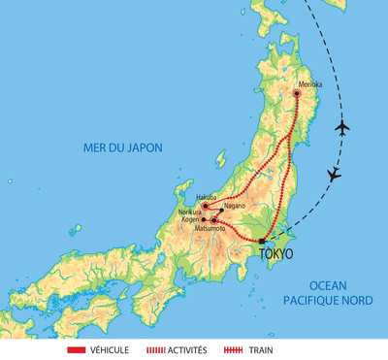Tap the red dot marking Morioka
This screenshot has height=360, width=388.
coord(298,93)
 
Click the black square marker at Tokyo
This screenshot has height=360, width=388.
coord(261,241)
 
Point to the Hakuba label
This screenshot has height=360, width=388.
coord(206,197)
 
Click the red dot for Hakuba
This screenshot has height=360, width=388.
coord(205,205)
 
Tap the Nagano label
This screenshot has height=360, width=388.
coord(234,206)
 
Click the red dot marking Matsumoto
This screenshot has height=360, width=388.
coord(214,220)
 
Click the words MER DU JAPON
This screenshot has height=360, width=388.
coord(121,147)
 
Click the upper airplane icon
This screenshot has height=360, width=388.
coord(341,127)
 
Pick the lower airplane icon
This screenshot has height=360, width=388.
coord(334,175)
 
